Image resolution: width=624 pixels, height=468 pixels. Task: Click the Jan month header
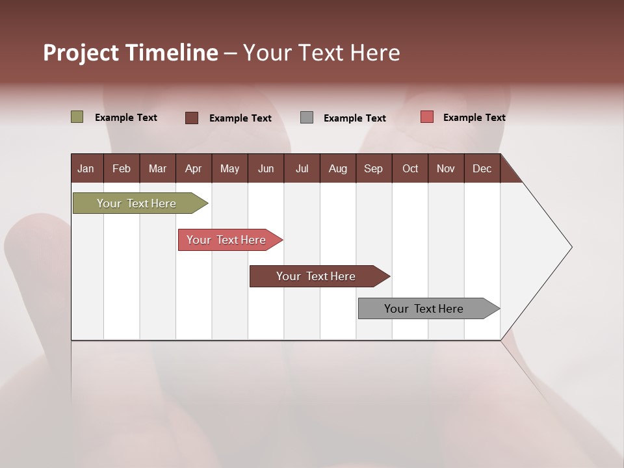coord(86,169)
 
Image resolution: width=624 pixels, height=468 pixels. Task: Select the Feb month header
coord(122,169)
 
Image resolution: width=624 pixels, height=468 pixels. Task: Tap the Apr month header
coord(193,169)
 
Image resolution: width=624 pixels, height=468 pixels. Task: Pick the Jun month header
coord(266,169)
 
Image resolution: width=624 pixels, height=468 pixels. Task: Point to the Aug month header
coord(337,169)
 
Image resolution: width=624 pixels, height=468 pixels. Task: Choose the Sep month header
coord(373,169)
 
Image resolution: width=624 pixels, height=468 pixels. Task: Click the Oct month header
coord(410,169)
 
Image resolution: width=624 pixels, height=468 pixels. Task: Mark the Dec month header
coord(482,169)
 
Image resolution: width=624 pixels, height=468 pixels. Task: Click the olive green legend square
coord(77,117)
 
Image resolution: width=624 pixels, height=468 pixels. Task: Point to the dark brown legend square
coord(192,118)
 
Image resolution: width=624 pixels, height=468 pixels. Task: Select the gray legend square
coord(307,118)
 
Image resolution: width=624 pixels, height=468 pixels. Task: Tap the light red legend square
coord(426,117)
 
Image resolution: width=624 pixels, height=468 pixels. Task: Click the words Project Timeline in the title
coord(131,53)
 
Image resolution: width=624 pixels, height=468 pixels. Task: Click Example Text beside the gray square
coord(355,118)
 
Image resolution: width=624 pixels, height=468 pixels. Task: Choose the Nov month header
coord(446,169)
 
